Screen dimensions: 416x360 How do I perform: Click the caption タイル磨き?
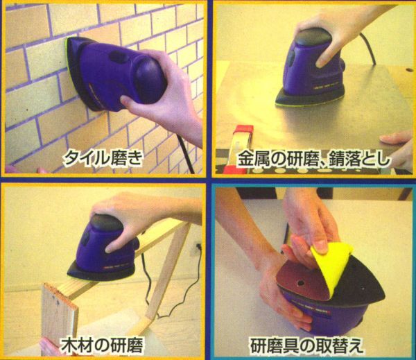coord(103,158)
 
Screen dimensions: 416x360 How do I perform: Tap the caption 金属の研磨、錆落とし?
coord(313,159)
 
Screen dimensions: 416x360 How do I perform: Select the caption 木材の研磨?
coord(102,345)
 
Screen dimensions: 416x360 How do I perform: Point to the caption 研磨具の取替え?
coord(306,345)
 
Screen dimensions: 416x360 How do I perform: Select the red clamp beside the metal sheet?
coord(243,148)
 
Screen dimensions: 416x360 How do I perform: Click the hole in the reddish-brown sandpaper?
coord(301,283)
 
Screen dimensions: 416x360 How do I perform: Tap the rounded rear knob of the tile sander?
coord(150,80)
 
